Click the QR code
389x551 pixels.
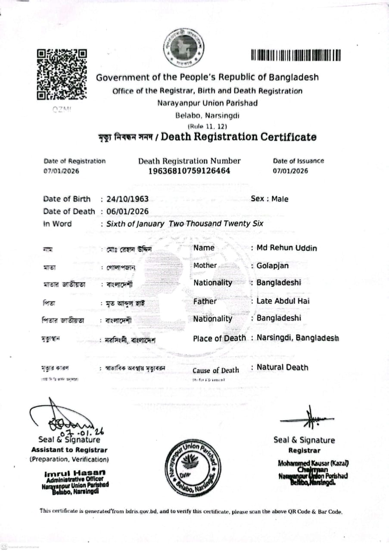pos(62,74)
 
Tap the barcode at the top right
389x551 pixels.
pos(296,56)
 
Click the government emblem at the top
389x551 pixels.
pos(184,48)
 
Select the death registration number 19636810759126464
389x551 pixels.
pos(189,171)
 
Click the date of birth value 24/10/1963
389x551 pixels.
pos(128,199)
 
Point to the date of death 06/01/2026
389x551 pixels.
pos(128,211)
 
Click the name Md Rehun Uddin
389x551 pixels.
pos(286,248)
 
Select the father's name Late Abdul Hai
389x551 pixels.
pos(283,301)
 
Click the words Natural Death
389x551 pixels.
pos(283,367)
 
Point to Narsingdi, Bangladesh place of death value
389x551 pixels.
pos(298,338)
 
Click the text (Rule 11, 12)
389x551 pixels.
pos(207,126)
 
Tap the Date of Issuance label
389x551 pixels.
pos(298,161)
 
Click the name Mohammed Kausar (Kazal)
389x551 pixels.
pos(313,463)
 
